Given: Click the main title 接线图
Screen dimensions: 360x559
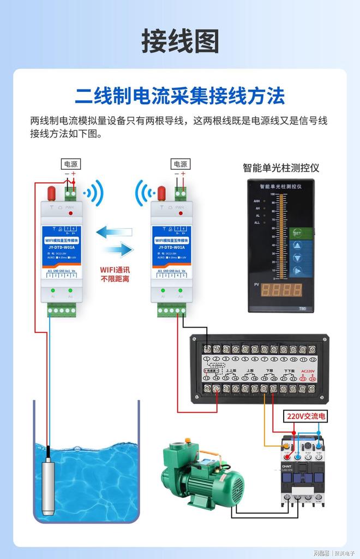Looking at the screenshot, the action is (180, 42).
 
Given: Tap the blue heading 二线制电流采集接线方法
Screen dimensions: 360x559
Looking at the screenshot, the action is (180, 97).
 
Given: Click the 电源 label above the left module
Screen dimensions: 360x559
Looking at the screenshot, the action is (71, 164).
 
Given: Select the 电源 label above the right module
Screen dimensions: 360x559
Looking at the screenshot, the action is (180, 164).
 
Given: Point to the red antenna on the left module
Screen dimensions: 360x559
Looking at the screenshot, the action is (52, 193).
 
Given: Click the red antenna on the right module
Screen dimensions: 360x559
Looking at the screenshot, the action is (161, 193).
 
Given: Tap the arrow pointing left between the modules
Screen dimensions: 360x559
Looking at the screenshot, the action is (114, 232).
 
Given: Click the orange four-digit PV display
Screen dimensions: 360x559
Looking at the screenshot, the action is (281, 289).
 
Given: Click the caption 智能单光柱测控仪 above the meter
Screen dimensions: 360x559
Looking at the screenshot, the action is (281, 168).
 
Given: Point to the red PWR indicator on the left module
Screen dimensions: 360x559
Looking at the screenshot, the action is (70, 213).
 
